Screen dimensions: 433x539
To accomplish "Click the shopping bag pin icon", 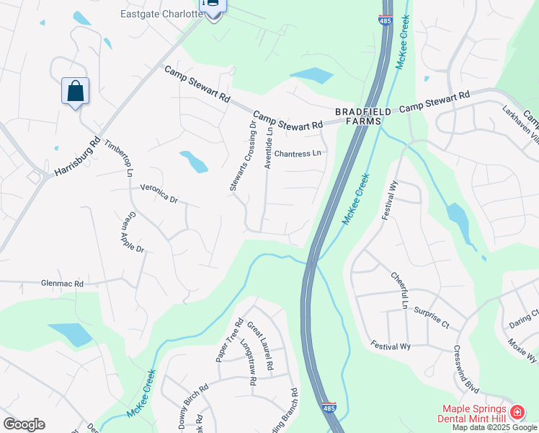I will (x=75, y=92).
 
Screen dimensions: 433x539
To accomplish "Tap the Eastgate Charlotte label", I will (x=160, y=14).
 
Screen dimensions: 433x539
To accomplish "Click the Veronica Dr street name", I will (x=159, y=193).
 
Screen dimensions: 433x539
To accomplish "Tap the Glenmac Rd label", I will (x=63, y=284).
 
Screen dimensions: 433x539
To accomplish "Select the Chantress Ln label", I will (x=297, y=154).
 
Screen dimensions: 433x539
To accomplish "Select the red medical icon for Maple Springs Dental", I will (x=517, y=413).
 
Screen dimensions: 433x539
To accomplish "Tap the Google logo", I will (x=24, y=424).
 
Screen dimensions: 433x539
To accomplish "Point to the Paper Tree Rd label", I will (x=227, y=342).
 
